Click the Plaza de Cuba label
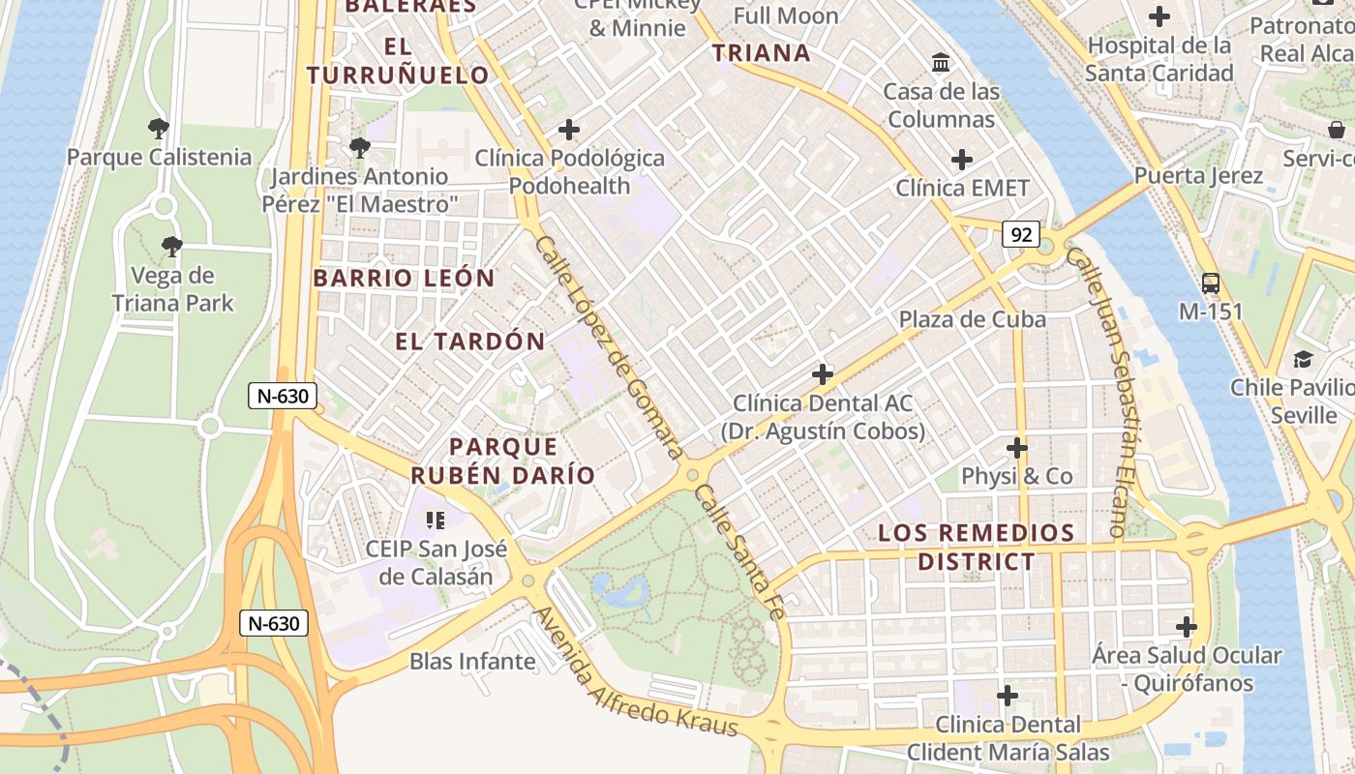972,319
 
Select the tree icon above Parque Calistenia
158,129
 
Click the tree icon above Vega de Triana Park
172,247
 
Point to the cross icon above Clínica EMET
962,160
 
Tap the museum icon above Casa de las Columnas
940,64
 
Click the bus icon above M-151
1210,283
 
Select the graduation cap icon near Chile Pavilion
1303,360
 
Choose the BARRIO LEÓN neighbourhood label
404,279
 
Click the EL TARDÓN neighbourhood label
470,342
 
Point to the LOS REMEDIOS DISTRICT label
976,547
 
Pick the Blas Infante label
472,662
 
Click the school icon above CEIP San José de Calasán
436,521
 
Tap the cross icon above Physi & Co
1016,448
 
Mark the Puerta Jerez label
1198,176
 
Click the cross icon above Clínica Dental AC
823,374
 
